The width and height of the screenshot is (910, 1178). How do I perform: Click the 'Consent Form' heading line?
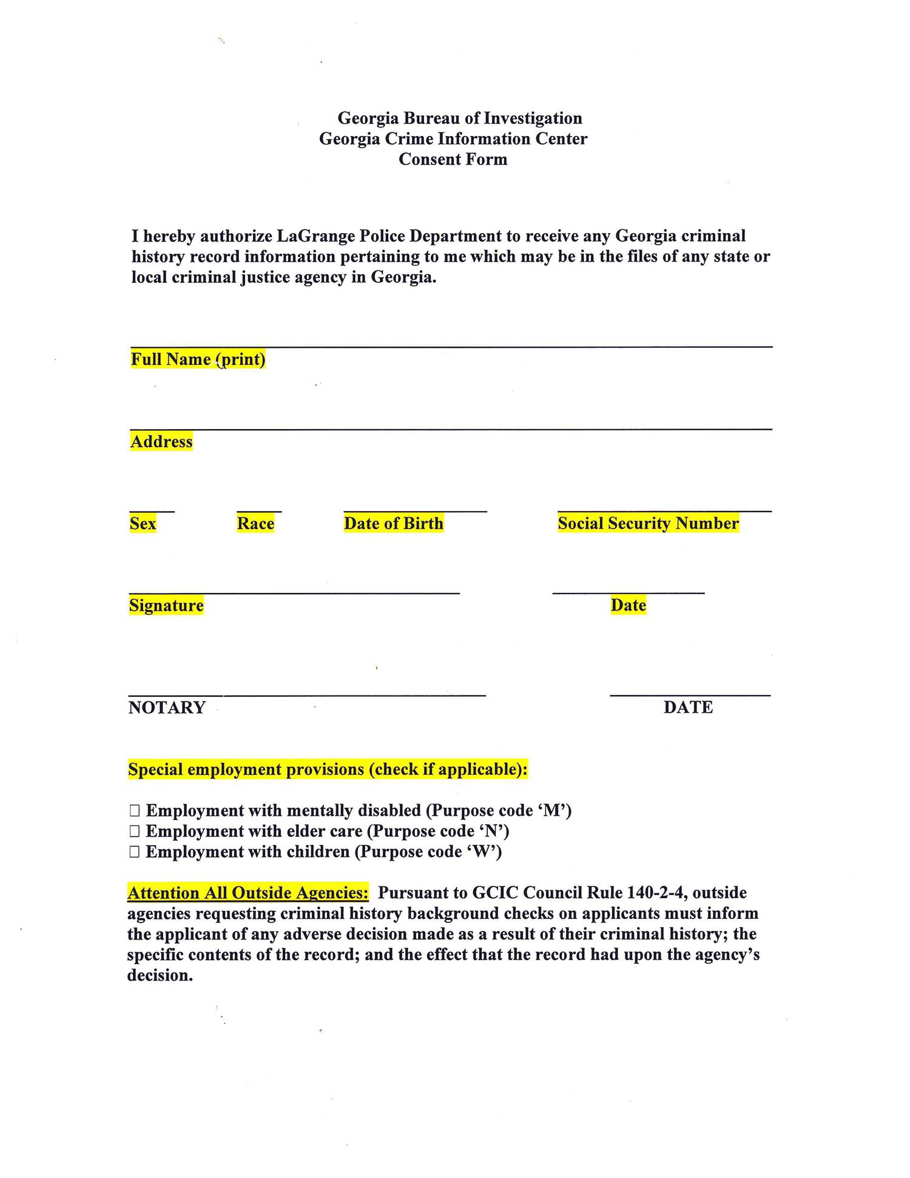(453, 160)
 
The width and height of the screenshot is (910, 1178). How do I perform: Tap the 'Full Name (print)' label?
(198, 359)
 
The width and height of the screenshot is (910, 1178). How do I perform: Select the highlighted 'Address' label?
(161, 441)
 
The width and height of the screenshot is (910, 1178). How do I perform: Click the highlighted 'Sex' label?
(143, 523)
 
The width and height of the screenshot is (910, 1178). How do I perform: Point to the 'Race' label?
(255, 523)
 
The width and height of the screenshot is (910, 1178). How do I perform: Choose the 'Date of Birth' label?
(394, 523)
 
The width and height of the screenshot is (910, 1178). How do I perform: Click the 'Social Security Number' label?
(648, 523)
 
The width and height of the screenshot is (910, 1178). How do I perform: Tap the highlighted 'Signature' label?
(166, 605)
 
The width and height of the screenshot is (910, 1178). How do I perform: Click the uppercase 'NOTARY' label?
(167, 708)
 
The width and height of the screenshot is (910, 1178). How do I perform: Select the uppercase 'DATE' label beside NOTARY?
(688, 707)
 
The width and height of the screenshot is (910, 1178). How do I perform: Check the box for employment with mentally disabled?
(135, 811)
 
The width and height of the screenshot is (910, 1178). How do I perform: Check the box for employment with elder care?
(135, 831)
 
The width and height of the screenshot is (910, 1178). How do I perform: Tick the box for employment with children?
(135, 852)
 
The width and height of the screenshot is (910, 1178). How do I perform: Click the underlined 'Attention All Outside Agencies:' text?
(248, 893)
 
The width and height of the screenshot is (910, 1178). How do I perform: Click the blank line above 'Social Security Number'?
(664, 512)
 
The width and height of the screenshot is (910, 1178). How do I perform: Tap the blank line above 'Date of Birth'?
(415, 512)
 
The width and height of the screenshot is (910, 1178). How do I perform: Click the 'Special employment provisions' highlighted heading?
(328, 770)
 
